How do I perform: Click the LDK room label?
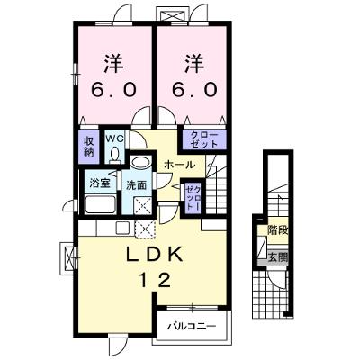tap(154, 255)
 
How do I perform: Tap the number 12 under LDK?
tap(154, 281)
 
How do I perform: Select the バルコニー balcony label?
tap(192, 325)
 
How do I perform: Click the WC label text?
tap(114, 139)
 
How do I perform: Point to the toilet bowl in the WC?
tap(114, 155)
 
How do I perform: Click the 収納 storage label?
tap(89, 146)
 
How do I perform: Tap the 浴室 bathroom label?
tap(100, 184)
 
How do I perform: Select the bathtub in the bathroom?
tap(101, 204)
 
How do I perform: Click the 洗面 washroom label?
tap(136, 185)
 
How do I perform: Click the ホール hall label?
tap(180, 165)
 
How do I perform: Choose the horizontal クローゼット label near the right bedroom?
tap(204, 139)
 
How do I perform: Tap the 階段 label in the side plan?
tap(278, 230)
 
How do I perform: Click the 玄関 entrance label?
tap(278, 257)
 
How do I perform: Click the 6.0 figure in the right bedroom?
tap(194, 89)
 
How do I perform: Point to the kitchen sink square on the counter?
tap(122, 228)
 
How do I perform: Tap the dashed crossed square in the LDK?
tap(145, 229)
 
